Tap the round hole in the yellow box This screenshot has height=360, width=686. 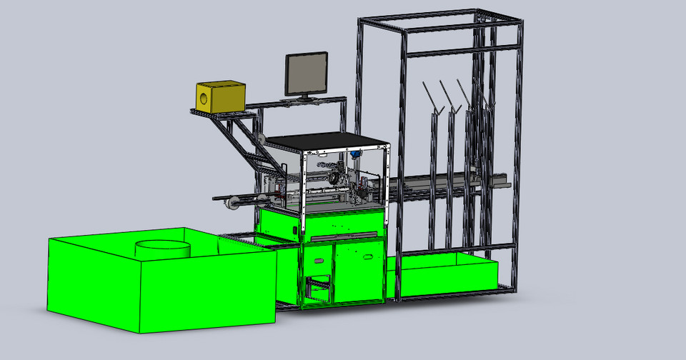205,98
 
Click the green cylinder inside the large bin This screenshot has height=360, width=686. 163,248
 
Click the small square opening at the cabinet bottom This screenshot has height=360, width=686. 319,290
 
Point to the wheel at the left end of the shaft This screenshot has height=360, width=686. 231,206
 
